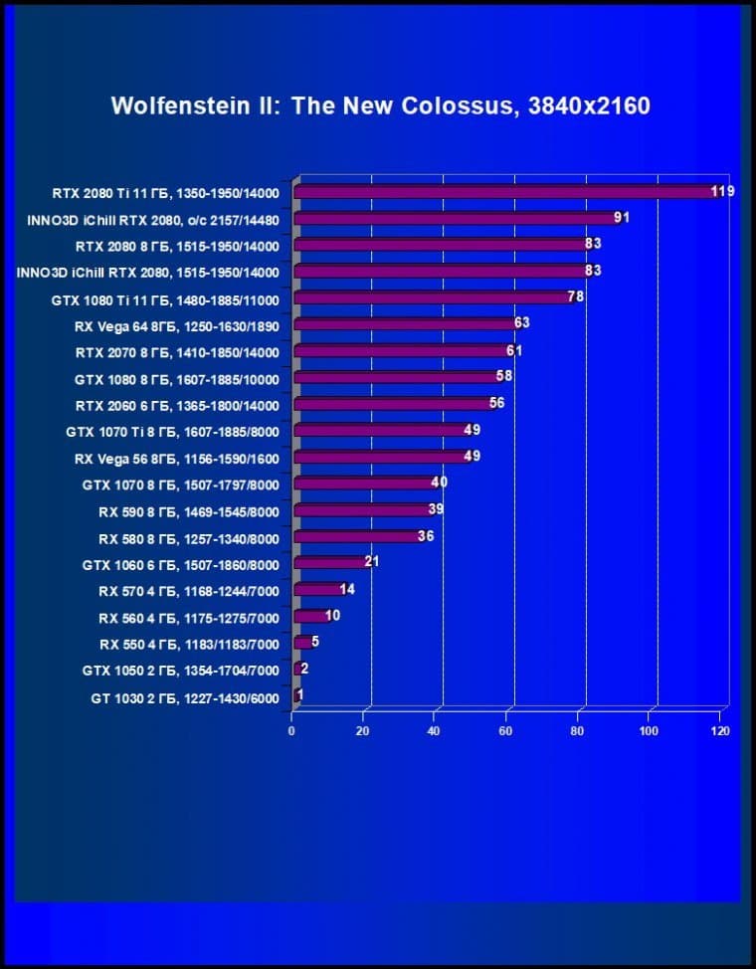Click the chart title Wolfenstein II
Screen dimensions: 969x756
point(380,106)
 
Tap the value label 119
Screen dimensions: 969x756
point(722,190)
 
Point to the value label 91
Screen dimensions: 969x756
point(622,217)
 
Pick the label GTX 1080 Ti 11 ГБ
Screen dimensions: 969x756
point(165,299)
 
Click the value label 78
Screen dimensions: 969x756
point(575,296)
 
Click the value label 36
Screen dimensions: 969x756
point(425,536)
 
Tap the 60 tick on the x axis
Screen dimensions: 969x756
point(506,731)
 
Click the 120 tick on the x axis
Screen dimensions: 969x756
point(720,731)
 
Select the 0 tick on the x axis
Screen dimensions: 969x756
point(291,731)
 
